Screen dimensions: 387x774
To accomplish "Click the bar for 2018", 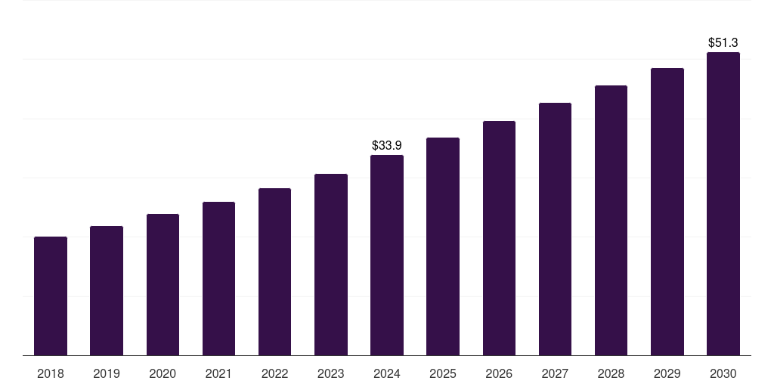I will tap(51, 296).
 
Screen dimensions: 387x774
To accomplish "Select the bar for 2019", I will tap(107, 291).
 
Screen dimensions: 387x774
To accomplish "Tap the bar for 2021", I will tap(218, 279).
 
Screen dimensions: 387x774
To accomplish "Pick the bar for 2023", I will tap(331, 265).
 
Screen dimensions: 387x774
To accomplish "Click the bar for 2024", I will tap(387, 255).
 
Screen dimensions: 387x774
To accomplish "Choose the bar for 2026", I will tap(499, 238).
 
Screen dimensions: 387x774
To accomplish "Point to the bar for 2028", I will tap(611, 221).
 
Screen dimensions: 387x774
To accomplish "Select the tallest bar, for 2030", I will tap(723, 204).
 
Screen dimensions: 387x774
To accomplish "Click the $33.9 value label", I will tap(387, 145).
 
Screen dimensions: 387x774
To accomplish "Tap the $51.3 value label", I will tap(723, 42).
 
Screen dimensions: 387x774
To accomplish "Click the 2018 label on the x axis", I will tap(51, 373).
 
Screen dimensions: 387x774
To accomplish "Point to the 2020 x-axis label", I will tap(163, 373).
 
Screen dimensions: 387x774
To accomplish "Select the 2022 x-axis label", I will tap(274, 373).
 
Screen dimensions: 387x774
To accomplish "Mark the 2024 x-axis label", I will tap(387, 373).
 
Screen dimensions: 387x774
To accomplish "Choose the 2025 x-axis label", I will tap(443, 373).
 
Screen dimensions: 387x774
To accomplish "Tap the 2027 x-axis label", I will tap(555, 373).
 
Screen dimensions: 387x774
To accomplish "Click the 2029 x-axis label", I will tap(667, 373).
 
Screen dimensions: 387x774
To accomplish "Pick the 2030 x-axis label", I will tap(723, 373).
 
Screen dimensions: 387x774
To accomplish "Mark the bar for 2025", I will tap(443, 246).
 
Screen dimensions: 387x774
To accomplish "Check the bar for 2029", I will tap(667, 212).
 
